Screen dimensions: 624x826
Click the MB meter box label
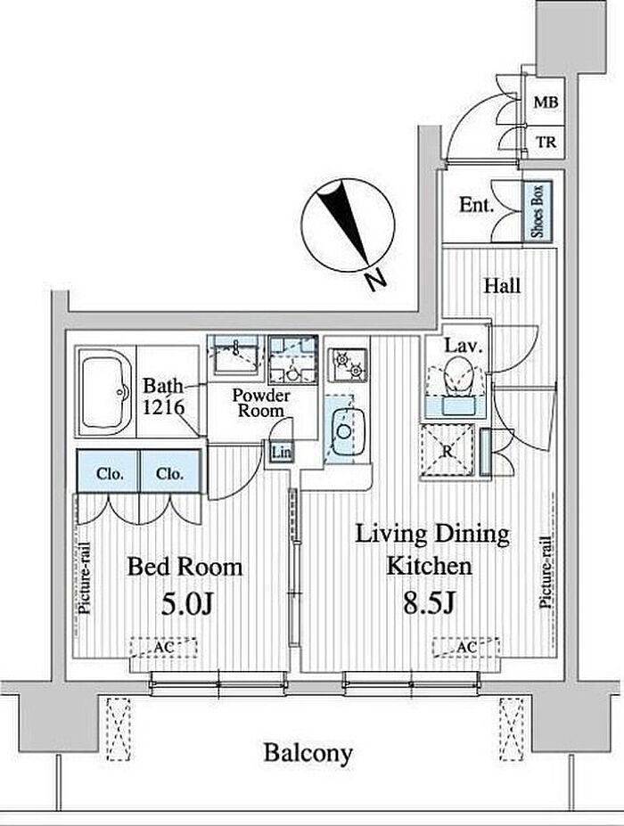(546, 102)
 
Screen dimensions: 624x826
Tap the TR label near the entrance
(546, 143)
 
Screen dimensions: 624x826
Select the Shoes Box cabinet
(538, 211)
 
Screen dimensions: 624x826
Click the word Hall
(502, 286)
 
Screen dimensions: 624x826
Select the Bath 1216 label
(163, 397)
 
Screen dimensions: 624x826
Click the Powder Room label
(261, 403)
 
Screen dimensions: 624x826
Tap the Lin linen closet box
(281, 452)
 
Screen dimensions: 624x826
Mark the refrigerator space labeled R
(447, 453)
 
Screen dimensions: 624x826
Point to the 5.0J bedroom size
(186, 605)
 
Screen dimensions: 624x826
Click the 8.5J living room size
(429, 604)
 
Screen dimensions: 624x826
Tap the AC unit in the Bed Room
(163, 648)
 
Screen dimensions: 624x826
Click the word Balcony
(308, 753)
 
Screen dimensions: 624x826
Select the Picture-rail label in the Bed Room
(85, 578)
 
